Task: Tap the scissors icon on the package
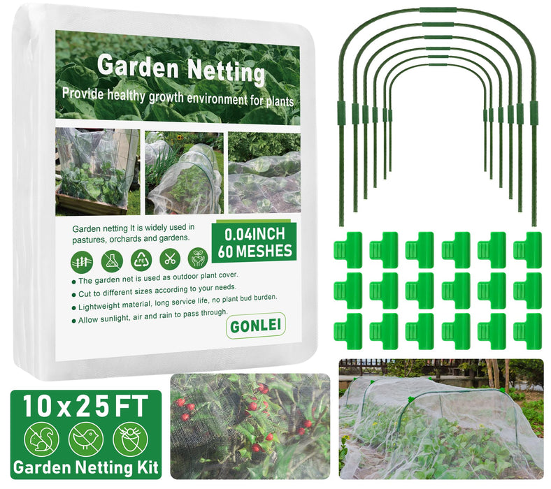[169, 259]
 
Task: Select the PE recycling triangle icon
[141, 260]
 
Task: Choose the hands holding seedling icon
[199, 258]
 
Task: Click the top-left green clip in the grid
[348, 249]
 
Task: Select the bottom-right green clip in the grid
[527, 330]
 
